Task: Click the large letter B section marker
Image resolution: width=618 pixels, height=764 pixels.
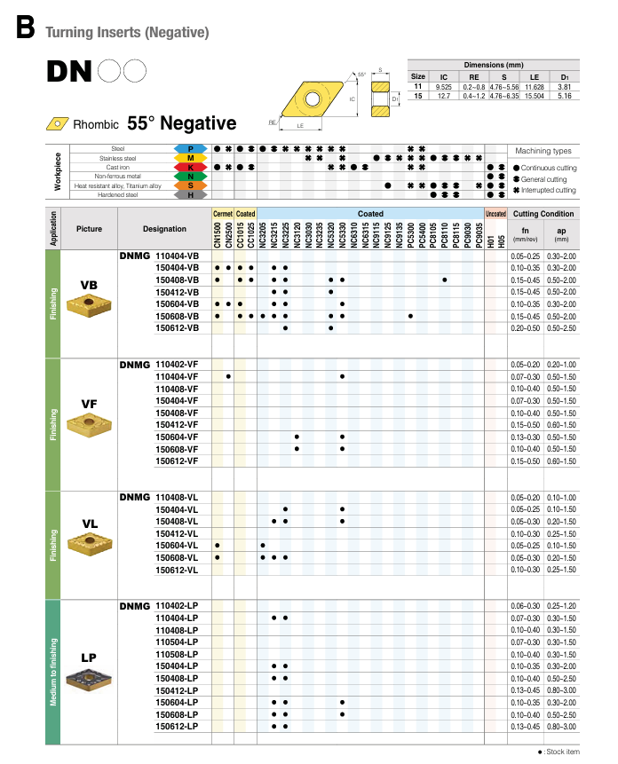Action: [x=24, y=28]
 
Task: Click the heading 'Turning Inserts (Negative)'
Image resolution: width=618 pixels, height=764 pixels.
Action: [x=127, y=33]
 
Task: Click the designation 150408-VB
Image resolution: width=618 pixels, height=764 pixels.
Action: [x=177, y=280]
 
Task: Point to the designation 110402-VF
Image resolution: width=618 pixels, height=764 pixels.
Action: [x=177, y=365]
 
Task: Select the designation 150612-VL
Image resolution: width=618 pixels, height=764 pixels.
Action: [x=177, y=570]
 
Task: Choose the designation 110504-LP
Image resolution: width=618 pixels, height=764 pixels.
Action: [x=177, y=642]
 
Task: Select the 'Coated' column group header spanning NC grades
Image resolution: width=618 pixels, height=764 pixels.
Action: [x=370, y=214]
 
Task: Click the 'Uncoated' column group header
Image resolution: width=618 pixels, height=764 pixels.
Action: [x=495, y=214]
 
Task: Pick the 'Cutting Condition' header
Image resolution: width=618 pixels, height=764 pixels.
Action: [x=543, y=214]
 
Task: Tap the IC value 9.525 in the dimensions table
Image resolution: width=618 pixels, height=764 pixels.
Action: [x=444, y=87]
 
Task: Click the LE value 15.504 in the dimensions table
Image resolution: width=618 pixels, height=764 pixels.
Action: [x=534, y=95]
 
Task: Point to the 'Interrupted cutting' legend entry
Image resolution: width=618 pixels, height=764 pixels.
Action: [x=545, y=190]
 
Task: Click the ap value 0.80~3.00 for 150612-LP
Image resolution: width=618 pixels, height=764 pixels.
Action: [x=561, y=726]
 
